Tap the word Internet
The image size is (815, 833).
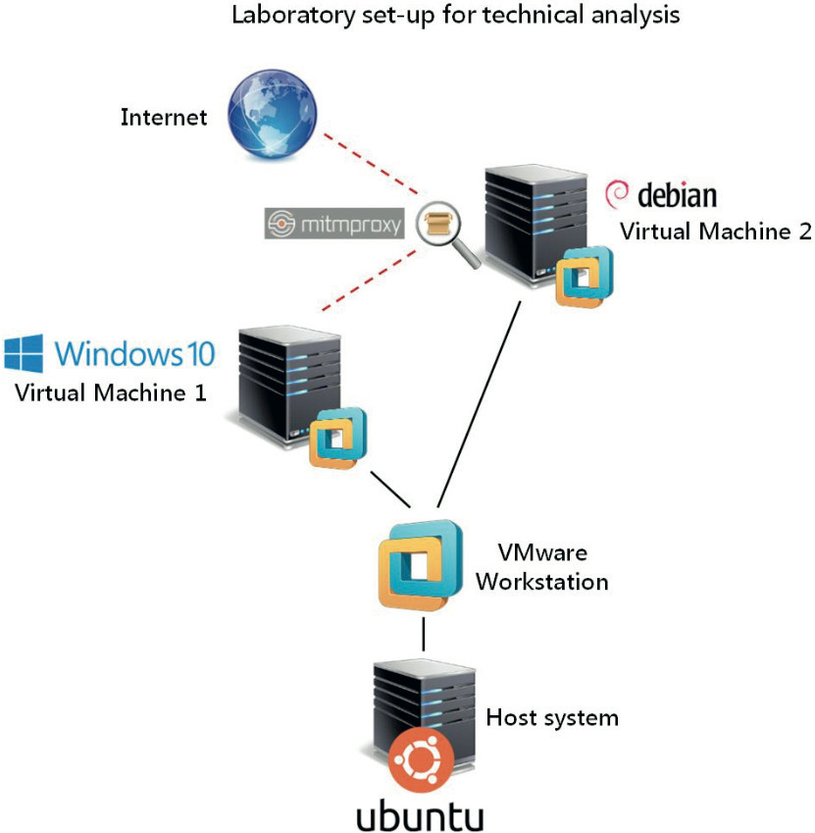coord(164,118)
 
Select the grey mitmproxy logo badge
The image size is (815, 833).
coord(334,225)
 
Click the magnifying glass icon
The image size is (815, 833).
coord(438,229)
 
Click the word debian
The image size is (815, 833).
coord(677,195)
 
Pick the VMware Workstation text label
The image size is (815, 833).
coord(540,567)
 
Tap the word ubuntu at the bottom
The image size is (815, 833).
coord(420,814)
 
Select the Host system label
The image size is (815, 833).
coord(552,717)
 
